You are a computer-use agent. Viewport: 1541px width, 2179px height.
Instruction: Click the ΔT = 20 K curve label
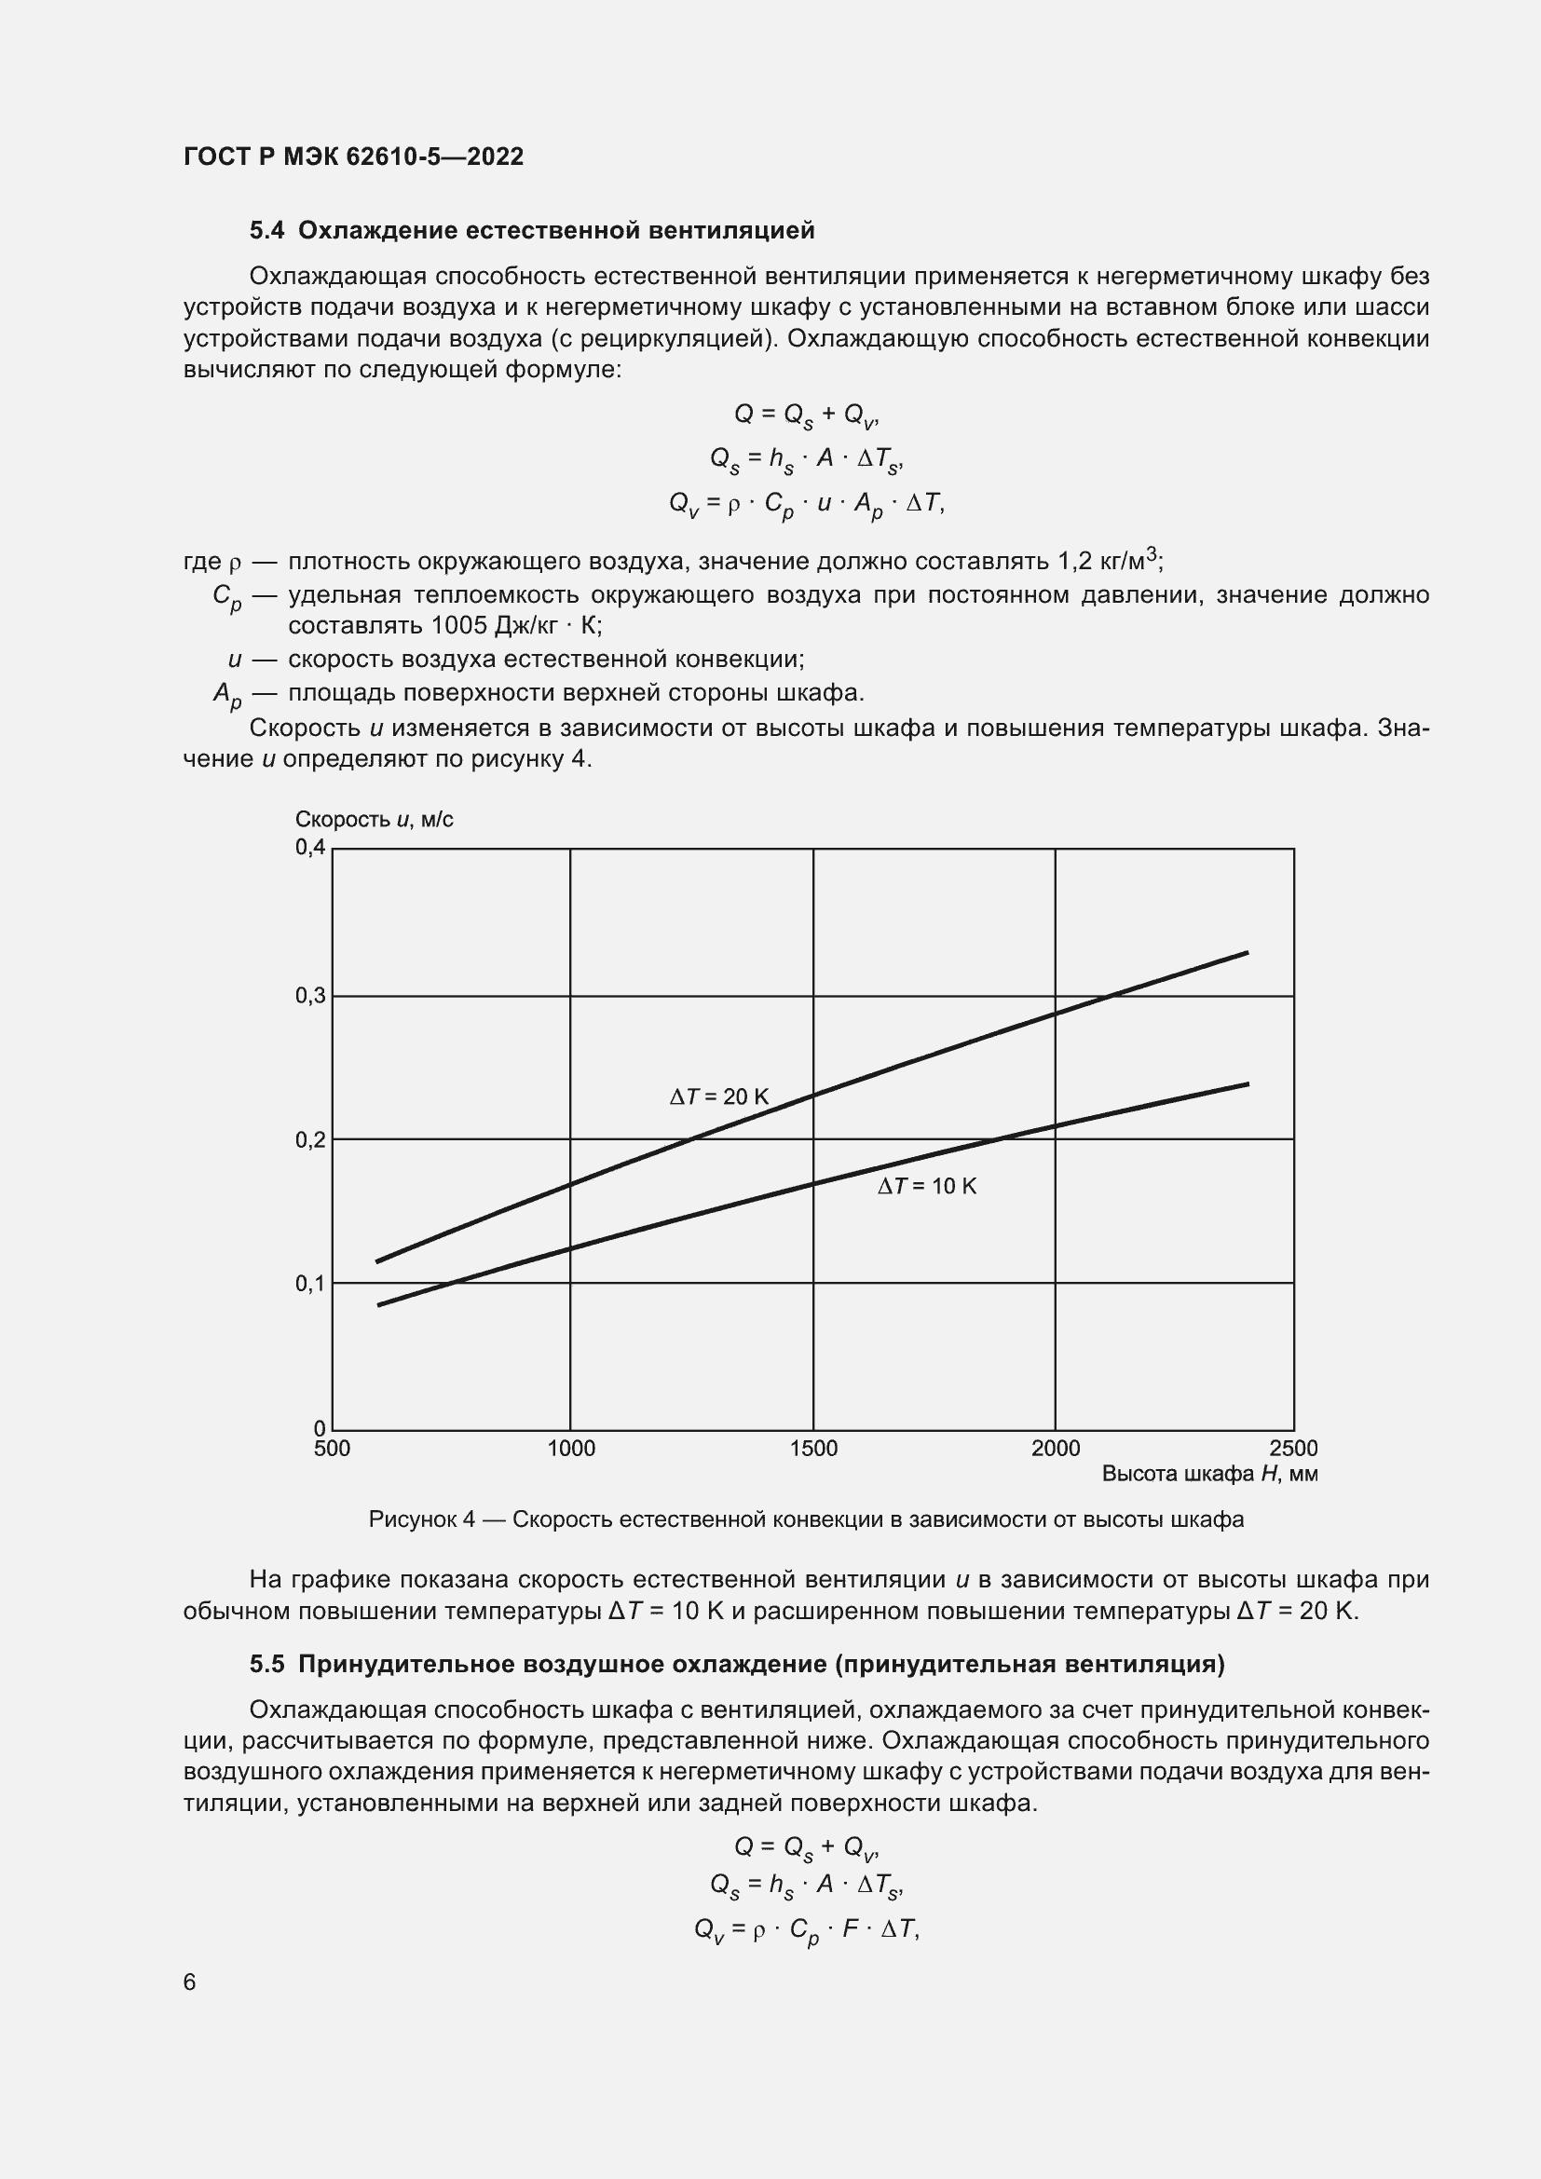tap(719, 1097)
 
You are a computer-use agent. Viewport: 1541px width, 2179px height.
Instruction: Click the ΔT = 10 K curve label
tap(926, 1186)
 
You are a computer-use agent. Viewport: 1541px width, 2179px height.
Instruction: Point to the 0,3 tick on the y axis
tap(310, 996)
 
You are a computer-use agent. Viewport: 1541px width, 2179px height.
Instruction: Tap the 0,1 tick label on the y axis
tap(310, 1283)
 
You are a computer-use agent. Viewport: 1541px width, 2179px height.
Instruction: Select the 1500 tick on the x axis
tap(813, 1449)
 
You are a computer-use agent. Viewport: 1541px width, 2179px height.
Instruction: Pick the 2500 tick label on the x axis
tap(1293, 1449)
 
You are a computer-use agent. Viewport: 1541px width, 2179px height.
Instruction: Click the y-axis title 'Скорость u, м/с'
tap(374, 819)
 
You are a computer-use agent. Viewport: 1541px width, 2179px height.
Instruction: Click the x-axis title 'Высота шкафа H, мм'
tap(1210, 1474)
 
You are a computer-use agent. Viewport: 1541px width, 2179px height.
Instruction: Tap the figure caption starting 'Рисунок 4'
tap(806, 1519)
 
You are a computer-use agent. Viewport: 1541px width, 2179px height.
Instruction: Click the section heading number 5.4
tap(266, 231)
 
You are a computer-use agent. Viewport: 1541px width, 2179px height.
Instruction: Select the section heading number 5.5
tap(266, 1664)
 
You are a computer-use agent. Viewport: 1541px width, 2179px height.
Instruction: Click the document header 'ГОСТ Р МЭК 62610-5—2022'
tap(353, 157)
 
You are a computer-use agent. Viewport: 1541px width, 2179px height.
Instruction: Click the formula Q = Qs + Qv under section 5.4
tap(807, 415)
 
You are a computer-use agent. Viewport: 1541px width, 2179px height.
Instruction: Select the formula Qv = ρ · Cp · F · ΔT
tap(807, 1929)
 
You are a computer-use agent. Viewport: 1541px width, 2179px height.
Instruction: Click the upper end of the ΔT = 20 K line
tap(1247, 953)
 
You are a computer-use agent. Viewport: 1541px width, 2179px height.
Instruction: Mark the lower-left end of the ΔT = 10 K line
tap(378, 1305)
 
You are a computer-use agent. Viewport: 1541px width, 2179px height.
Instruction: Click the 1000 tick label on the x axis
tap(571, 1449)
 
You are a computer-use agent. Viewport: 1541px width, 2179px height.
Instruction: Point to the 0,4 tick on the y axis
tap(310, 848)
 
